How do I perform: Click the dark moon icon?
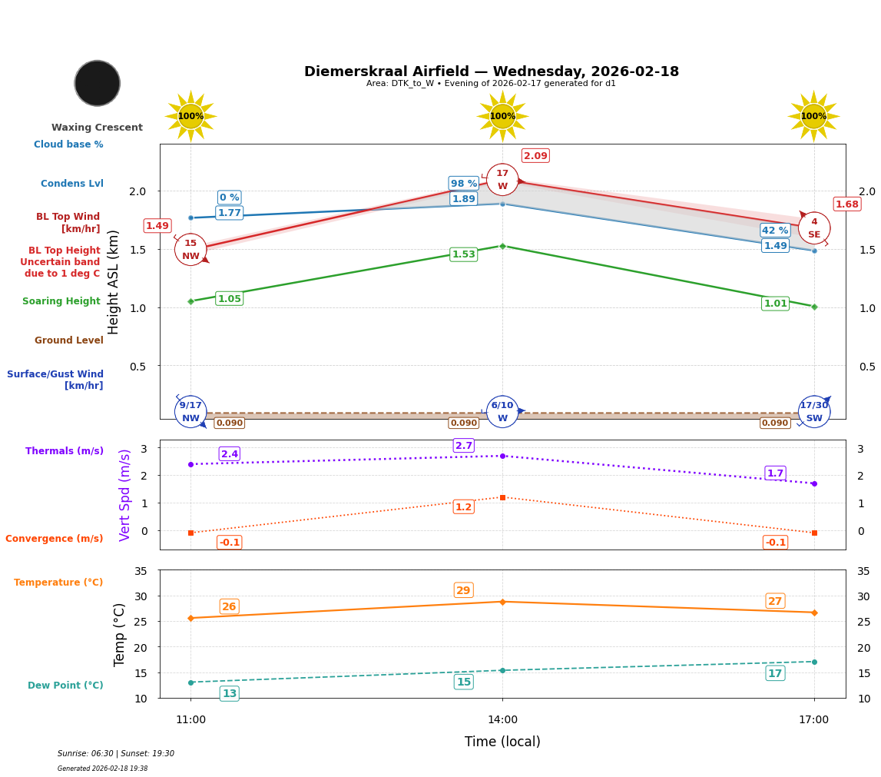pos(98,83)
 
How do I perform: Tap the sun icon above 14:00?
pos(502,116)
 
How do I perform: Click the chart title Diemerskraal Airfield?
pos(492,71)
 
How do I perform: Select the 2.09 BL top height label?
pos(535,156)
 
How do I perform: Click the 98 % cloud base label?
pos(464,184)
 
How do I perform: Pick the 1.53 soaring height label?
pos(464,254)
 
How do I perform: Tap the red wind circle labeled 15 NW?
pos(190,250)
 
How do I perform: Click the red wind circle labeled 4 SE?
pos(814,228)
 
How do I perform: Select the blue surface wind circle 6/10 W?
pos(502,412)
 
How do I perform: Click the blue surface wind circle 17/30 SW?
pos(814,412)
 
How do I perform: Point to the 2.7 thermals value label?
pos(464,446)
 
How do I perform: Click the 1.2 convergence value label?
pos(464,507)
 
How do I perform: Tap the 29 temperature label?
pos(464,590)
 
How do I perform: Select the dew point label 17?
pos(775,673)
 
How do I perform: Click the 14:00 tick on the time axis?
pos(502,720)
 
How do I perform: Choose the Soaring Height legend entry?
pos(61,301)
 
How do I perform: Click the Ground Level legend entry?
pos(69,340)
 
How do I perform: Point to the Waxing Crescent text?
pos(97,128)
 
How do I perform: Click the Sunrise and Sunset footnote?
pos(116,754)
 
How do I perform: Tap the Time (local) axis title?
pos(502,742)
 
